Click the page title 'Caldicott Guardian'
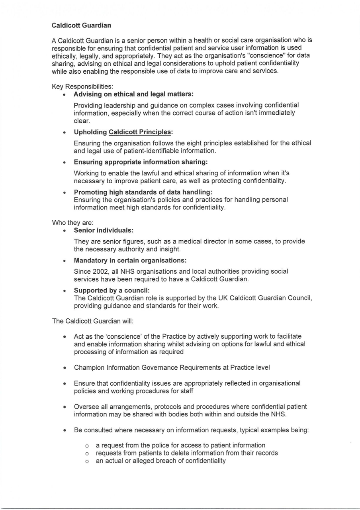coord(81,25)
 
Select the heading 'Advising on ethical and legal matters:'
coord(133,94)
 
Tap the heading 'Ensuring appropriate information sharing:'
coord(141,162)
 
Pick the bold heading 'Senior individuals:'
coord(104,230)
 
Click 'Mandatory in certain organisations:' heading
coord(130,261)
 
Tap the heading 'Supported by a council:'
coord(112,290)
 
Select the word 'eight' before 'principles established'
coord(201,143)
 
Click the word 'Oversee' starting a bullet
coord(85,407)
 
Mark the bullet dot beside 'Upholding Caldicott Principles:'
coord(65,133)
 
